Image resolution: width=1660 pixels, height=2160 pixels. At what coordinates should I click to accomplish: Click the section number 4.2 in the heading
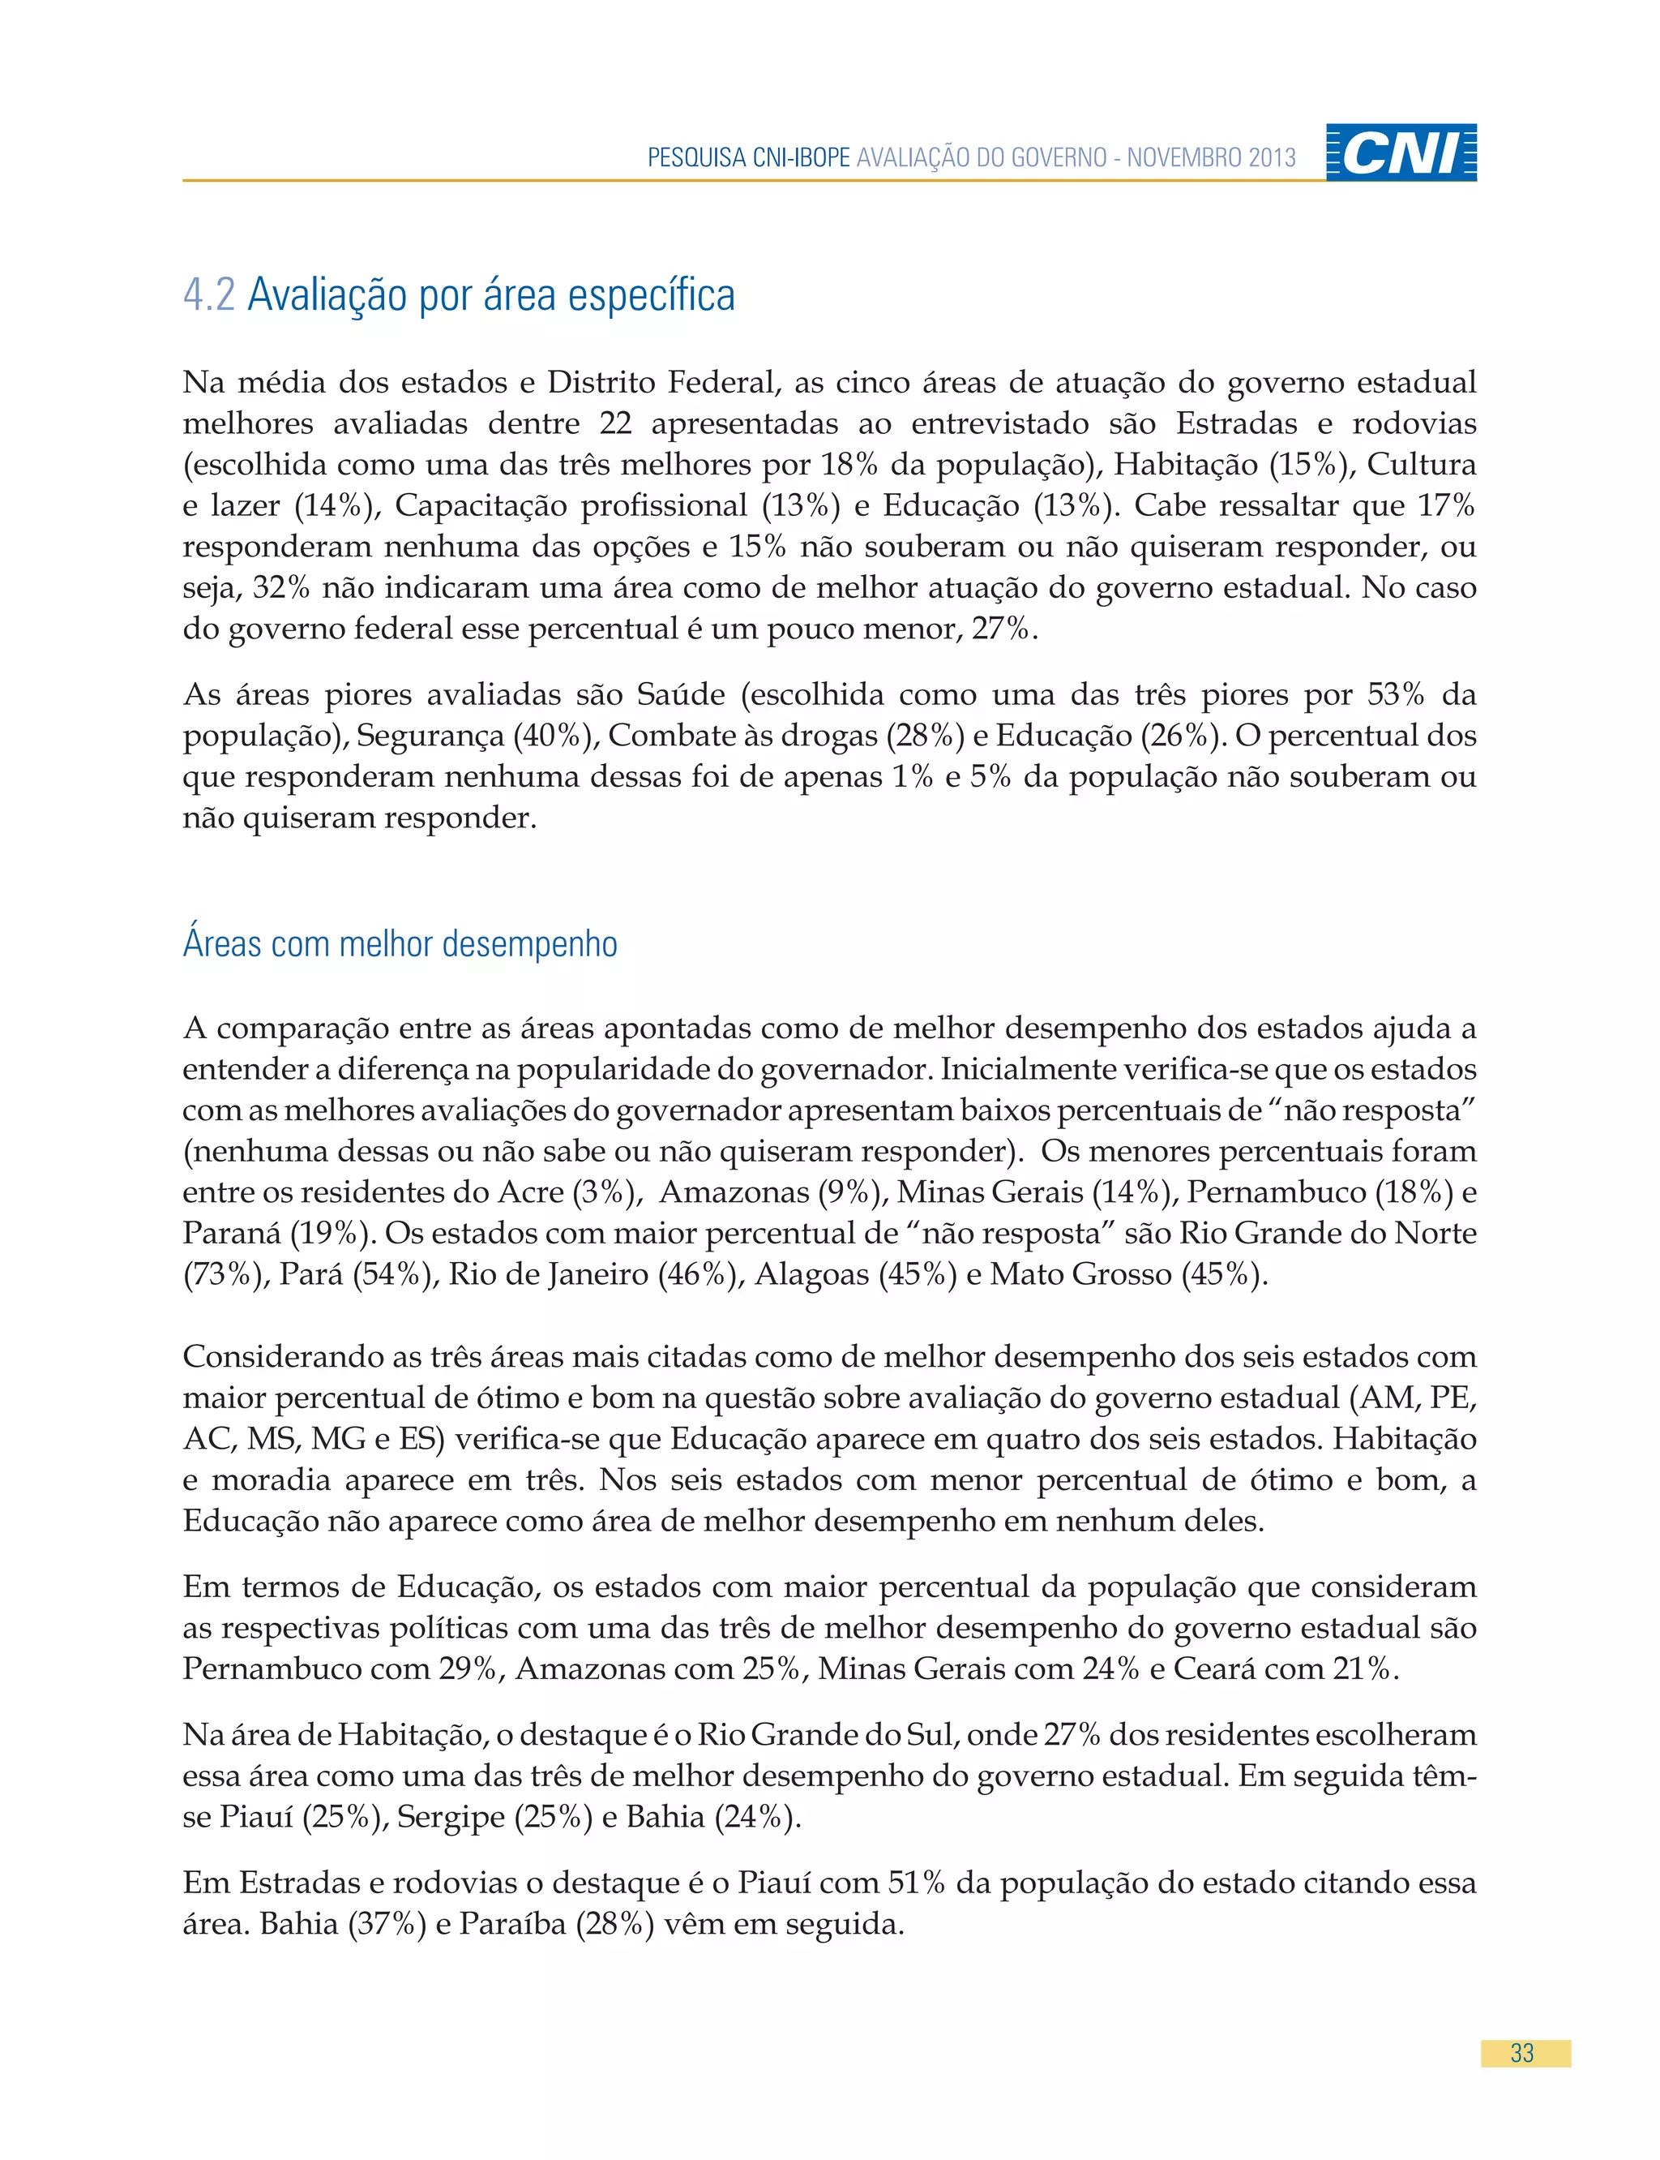(208, 294)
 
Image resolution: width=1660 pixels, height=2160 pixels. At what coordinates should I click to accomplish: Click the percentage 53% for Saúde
(1395, 694)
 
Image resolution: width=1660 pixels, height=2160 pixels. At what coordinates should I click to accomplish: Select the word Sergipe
(451, 1817)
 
